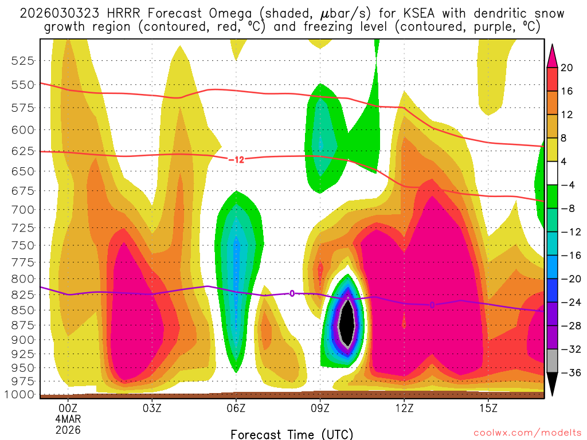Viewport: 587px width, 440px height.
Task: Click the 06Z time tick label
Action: [236, 409]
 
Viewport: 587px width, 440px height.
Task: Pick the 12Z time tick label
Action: [404, 409]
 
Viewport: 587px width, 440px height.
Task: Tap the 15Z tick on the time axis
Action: [488, 409]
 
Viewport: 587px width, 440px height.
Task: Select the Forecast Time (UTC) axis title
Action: [292, 434]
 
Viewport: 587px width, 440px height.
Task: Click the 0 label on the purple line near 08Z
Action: [292, 293]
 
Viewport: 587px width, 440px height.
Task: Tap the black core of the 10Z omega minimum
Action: [347, 324]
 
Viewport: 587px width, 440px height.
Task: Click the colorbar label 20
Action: [567, 68]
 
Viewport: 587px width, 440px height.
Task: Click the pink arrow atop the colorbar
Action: [552, 56]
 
